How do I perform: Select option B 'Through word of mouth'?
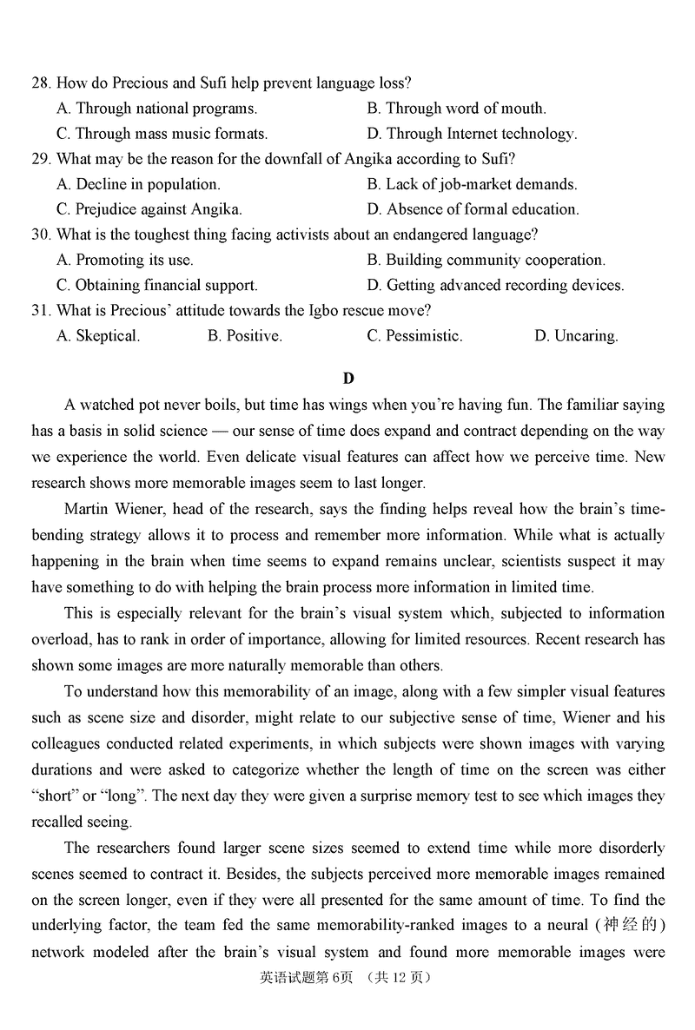pos(456,109)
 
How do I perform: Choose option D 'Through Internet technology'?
pos(472,134)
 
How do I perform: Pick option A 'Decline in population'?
pos(138,184)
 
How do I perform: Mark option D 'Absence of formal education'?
pos(473,209)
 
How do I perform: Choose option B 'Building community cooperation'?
pos(486,260)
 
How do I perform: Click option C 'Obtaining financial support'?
pos(156,285)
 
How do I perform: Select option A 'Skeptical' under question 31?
pos(98,336)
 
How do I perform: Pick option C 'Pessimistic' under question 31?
pos(414,336)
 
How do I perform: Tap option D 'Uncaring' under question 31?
pos(576,336)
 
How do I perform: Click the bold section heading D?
pos(348,378)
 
